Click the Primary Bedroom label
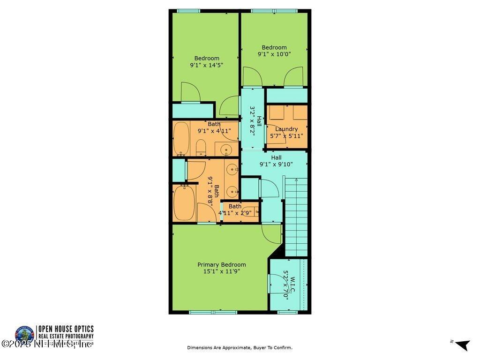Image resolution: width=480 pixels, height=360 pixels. (221, 264)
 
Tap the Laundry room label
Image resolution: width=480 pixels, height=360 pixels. (286, 129)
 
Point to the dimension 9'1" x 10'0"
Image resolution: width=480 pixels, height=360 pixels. (274, 54)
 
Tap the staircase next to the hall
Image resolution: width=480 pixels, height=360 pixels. (296, 216)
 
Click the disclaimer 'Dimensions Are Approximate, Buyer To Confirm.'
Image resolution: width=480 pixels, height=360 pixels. (240, 347)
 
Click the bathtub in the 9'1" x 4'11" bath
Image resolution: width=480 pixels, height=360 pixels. (181, 139)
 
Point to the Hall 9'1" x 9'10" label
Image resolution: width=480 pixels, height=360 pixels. (276, 161)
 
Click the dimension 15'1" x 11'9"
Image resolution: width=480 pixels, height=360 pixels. (221, 271)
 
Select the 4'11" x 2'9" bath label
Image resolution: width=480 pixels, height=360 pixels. (235, 209)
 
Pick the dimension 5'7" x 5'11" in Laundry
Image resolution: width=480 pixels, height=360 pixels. (286, 136)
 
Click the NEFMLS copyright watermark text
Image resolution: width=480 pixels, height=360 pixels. (47, 345)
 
